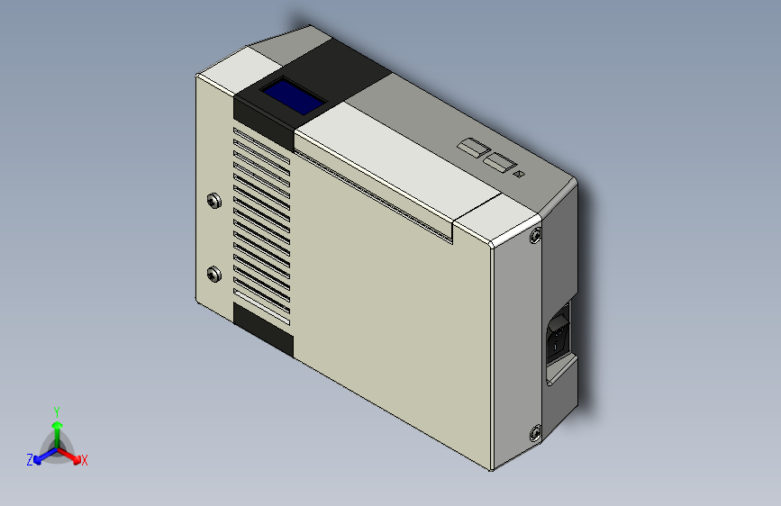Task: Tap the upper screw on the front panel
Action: point(213,200)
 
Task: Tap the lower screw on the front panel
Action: point(213,273)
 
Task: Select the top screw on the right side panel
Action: point(536,237)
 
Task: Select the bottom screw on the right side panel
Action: point(535,433)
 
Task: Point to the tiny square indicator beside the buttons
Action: point(518,173)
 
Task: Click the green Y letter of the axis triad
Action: point(56,410)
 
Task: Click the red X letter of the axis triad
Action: point(84,461)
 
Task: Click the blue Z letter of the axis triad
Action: point(30,460)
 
